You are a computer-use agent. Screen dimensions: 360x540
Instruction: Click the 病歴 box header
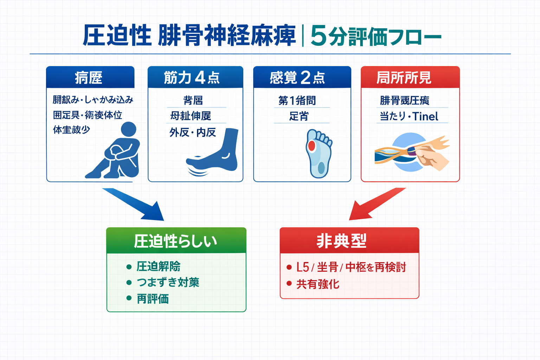pos(90,77)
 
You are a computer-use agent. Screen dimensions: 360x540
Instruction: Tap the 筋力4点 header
pos(195,77)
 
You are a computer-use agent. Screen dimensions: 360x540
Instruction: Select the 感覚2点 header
pos(302,77)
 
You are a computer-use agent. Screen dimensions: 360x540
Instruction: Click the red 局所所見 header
pos(410,77)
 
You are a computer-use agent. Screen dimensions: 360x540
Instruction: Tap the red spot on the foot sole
pos(311,146)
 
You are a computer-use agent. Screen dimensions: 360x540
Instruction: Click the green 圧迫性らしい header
pos(176,241)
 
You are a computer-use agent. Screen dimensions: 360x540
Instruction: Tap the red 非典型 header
pos(349,241)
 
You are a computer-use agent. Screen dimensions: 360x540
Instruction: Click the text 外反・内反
pos(193,133)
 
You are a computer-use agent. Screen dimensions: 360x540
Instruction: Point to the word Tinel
pos(425,116)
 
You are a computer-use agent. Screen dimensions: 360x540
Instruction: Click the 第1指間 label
pos(297,101)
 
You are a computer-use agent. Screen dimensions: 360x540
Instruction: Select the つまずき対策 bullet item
pos(168,282)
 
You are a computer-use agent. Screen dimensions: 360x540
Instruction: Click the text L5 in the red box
pos(302,267)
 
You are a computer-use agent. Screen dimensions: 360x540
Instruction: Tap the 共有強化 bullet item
pos(318,284)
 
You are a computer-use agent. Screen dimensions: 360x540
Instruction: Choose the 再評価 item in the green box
pos(153,299)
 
